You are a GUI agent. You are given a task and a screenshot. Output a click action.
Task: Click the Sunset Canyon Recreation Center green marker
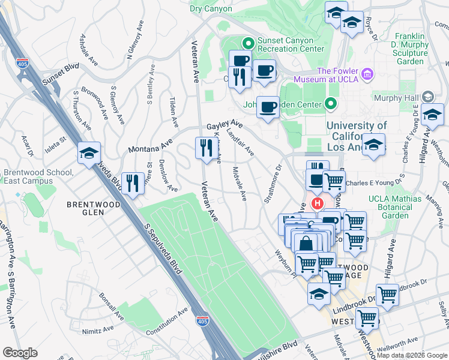tap(247, 43)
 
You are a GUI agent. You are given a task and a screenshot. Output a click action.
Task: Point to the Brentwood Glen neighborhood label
tap(92, 205)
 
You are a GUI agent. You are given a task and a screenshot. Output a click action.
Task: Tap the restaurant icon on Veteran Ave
tap(206, 148)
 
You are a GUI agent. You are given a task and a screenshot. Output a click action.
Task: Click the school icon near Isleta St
tap(89, 152)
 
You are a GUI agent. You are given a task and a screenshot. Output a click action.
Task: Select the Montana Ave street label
tap(149, 146)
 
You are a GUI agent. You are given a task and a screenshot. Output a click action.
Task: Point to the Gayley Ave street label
tap(224, 126)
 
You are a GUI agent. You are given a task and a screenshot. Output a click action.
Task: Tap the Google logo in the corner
tap(20, 353)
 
